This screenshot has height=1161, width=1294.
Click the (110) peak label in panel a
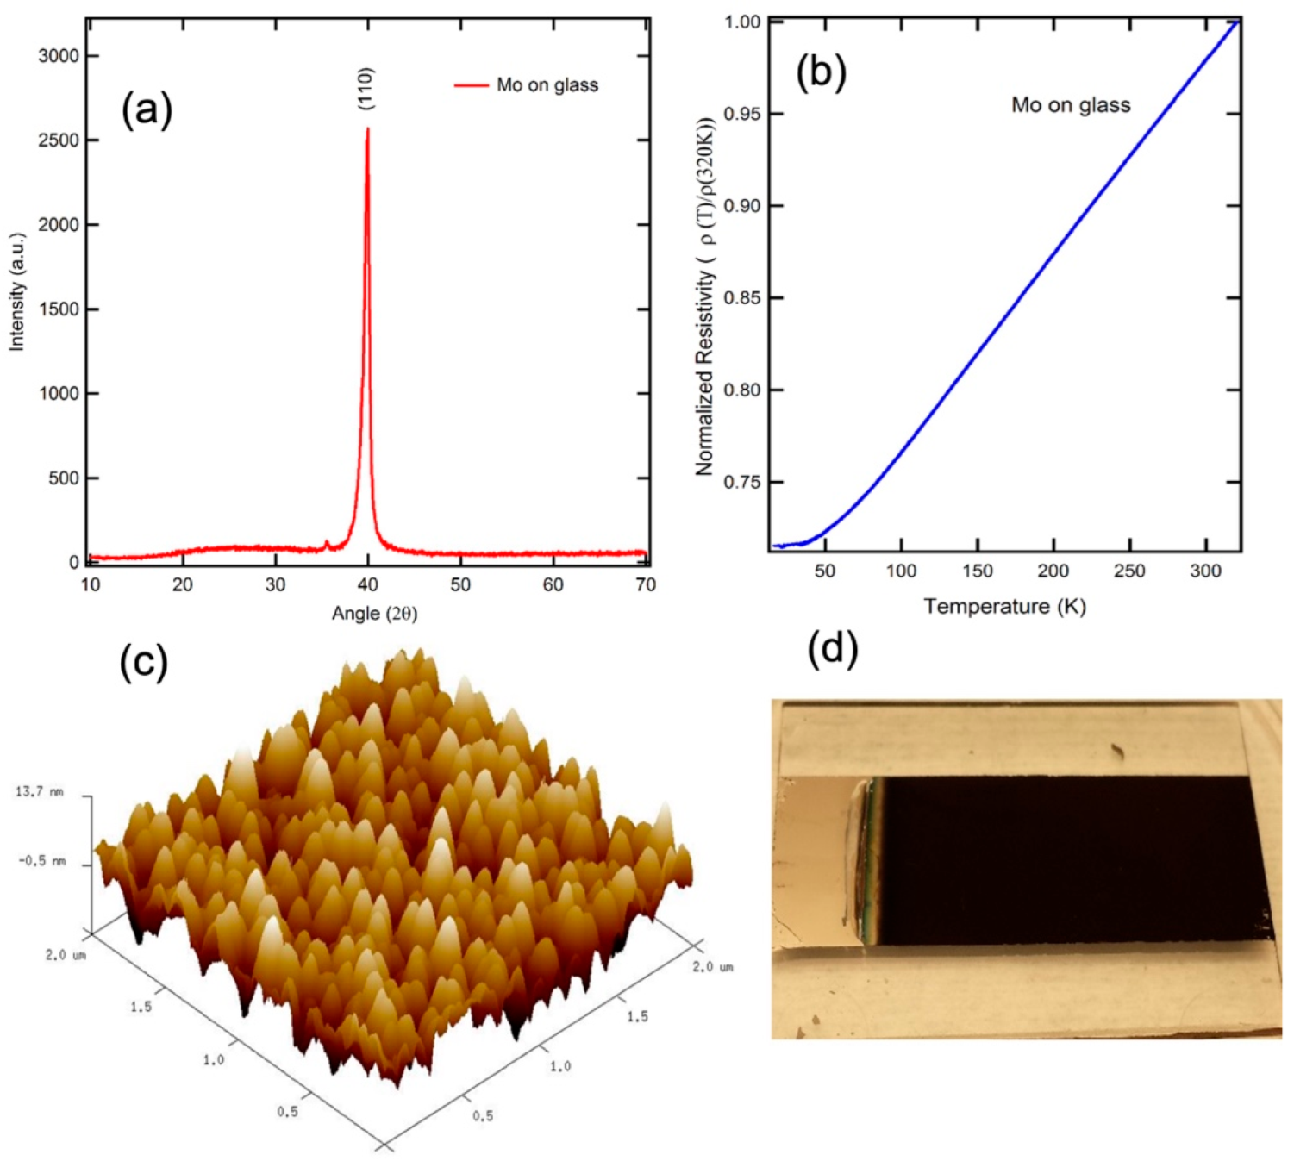(x=366, y=88)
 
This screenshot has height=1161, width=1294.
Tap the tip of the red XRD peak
(x=368, y=129)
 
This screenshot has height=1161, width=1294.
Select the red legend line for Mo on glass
(x=472, y=85)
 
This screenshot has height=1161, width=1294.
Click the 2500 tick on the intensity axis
(x=58, y=140)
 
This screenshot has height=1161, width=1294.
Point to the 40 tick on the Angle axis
(x=368, y=584)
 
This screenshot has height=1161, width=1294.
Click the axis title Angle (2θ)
(x=374, y=614)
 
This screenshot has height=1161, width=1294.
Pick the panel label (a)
(x=147, y=110)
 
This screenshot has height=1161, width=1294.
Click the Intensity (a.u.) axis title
(x=16, y=291)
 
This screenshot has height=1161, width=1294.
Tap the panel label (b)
(x=821, y=72)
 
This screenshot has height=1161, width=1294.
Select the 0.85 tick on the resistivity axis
(x=741, y=298)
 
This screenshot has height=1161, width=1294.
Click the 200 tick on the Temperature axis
(x=1053, y=571)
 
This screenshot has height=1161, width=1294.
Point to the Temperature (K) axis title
(x=1004, y=607)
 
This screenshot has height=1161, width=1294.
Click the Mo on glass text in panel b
(x=1071, y=105)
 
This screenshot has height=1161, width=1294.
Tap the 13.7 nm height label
(x=39, y=791)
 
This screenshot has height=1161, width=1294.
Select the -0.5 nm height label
(x=41, y=861)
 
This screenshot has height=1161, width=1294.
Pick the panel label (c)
(x=143, y=662)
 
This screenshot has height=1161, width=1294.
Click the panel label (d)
(x=832, y=648)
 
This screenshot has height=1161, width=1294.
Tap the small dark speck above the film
(x=1118, y=752)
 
